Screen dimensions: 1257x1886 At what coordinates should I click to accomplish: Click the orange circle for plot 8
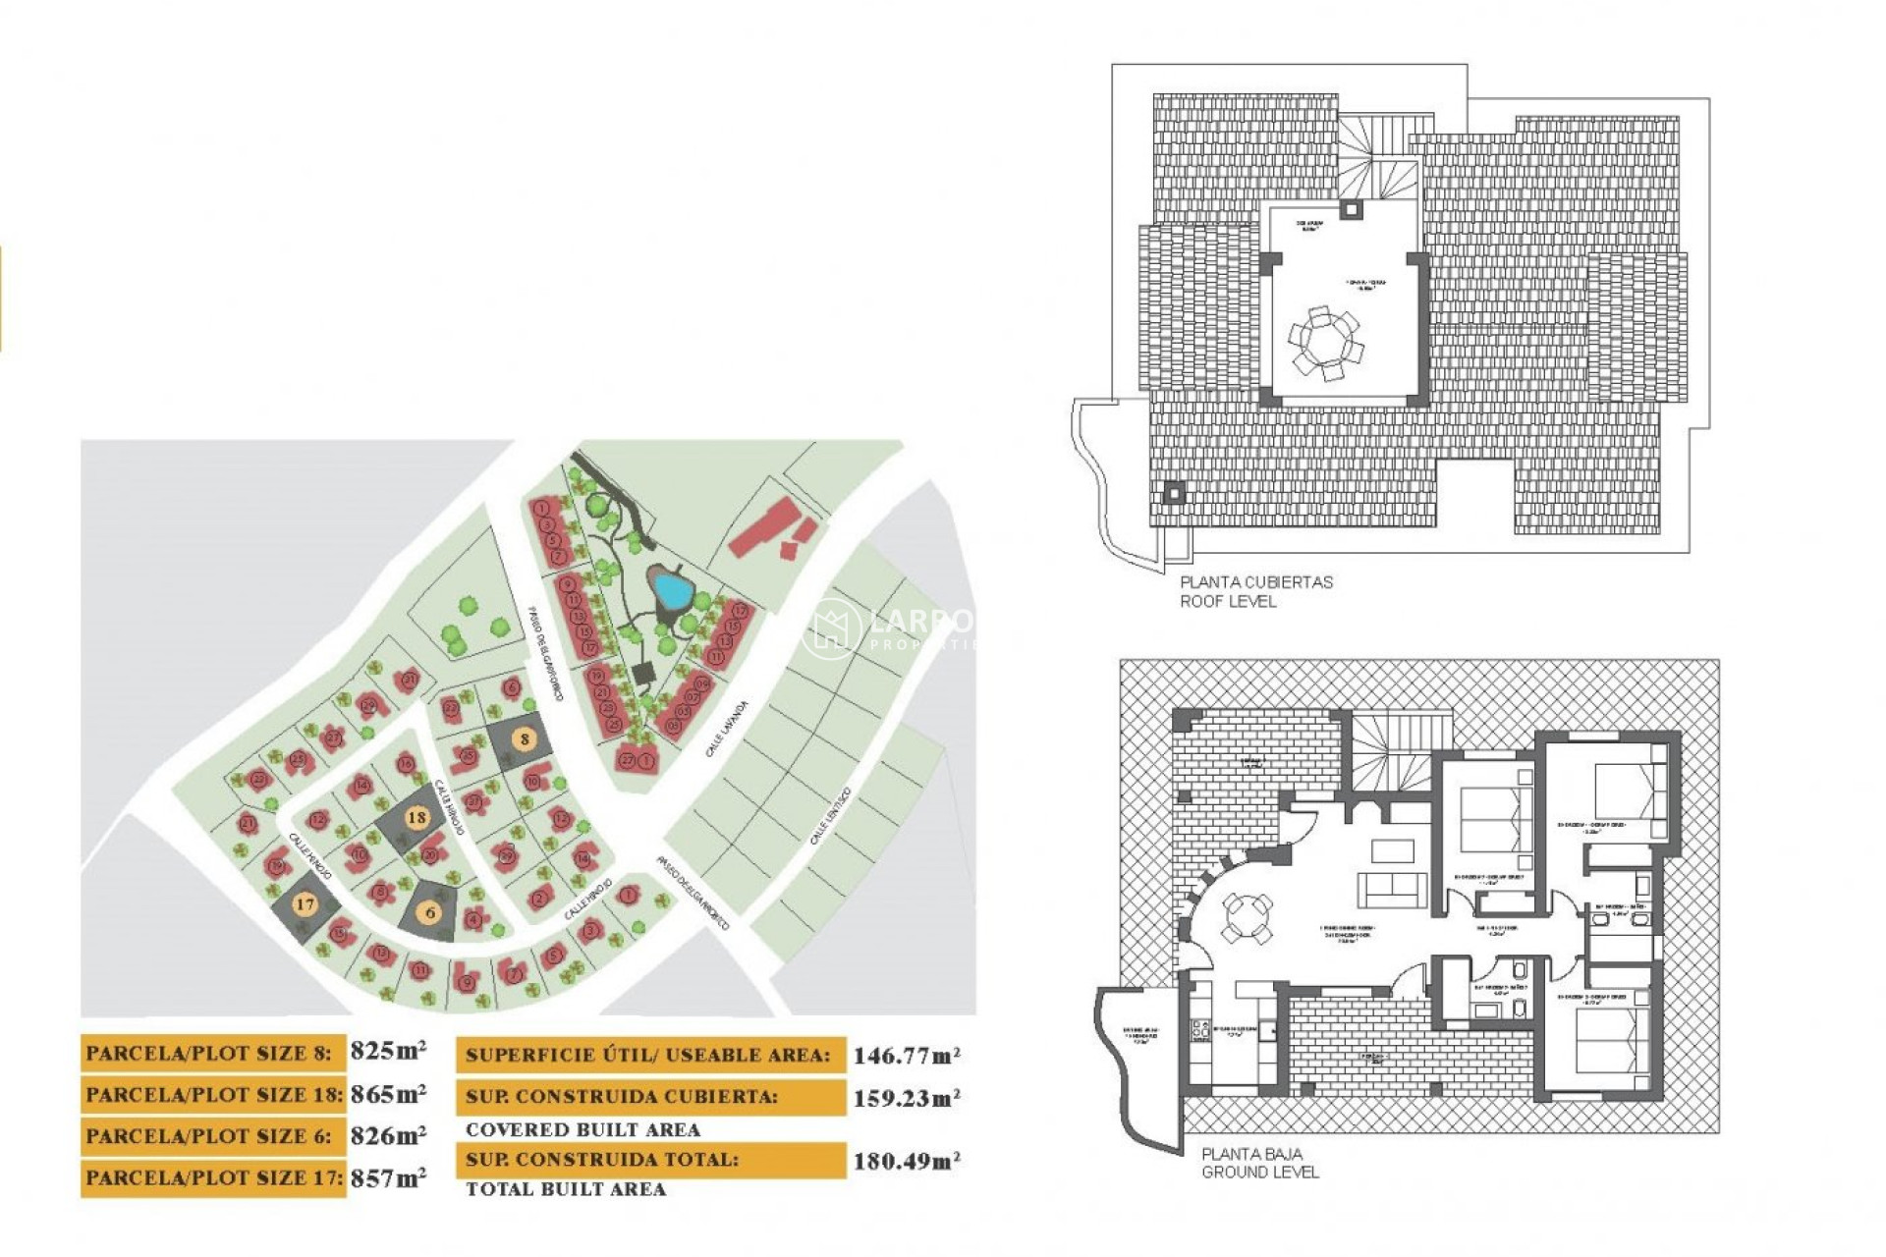coord(526,739)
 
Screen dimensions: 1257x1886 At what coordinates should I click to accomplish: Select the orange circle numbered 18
coord(417,817)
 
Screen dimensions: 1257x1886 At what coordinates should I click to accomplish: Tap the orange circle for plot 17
coord(305,904)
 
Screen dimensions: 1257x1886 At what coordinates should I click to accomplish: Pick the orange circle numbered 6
coord(430,912)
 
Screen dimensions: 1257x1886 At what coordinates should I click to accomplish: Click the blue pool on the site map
coord(673,590)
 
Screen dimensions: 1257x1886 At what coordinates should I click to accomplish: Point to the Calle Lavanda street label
coord(727,729)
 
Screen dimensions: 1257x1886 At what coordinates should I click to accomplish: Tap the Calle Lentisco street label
coord(830,816)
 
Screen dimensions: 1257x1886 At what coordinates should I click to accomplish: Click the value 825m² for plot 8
coord(388,1051)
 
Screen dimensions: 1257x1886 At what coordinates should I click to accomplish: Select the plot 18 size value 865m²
coord(388,1093)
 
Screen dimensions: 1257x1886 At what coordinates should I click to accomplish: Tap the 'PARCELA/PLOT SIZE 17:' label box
coord(213,1177)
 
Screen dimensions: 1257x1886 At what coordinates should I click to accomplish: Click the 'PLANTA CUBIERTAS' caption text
coord(1255,582)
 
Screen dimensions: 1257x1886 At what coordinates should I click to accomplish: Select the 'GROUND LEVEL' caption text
coord(1259,1173)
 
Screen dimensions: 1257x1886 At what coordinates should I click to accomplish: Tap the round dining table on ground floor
coord(1247,918)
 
